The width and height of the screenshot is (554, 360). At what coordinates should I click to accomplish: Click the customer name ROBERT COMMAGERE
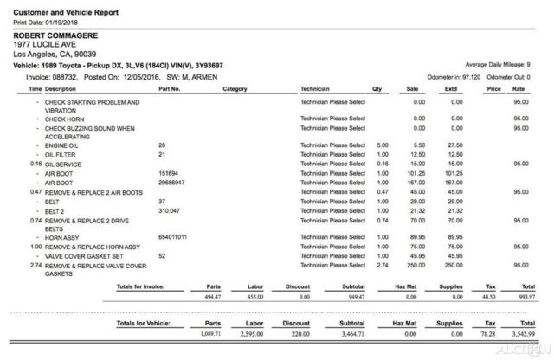(x=55, y=35)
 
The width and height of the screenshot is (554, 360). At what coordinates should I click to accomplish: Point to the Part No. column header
(x=169, y=88)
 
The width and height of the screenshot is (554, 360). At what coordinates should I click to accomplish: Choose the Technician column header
(x=318, y=88)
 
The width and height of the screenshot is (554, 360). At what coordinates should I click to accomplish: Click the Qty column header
(x=377, y=88)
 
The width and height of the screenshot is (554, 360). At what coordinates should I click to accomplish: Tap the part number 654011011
(x=174, y=236)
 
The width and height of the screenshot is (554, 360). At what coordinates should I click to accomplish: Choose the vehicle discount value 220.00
(x=299, y=332)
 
